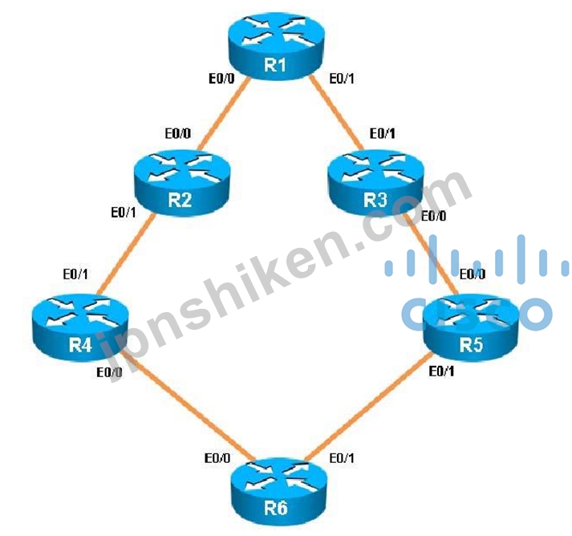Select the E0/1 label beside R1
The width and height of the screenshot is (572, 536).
(347, 79)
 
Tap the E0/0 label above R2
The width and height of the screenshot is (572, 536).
(179, 131)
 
